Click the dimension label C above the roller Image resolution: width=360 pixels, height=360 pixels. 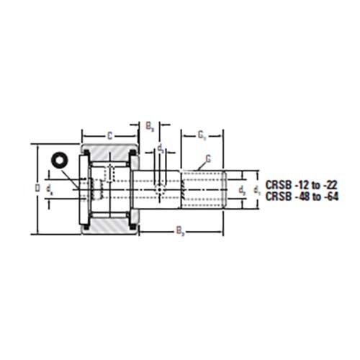pos(109,134)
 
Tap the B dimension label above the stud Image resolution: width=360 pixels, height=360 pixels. pos(149,127)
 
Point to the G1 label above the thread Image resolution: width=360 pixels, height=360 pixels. pos(202,134)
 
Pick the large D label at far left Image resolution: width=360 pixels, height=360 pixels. pos(38,189)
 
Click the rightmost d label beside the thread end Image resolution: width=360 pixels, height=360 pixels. pos(257,190)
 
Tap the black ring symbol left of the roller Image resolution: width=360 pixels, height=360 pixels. pos(57,159)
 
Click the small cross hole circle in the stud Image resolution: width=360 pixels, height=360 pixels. pos(160,189)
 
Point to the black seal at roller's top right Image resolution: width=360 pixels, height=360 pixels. pos(132,156)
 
